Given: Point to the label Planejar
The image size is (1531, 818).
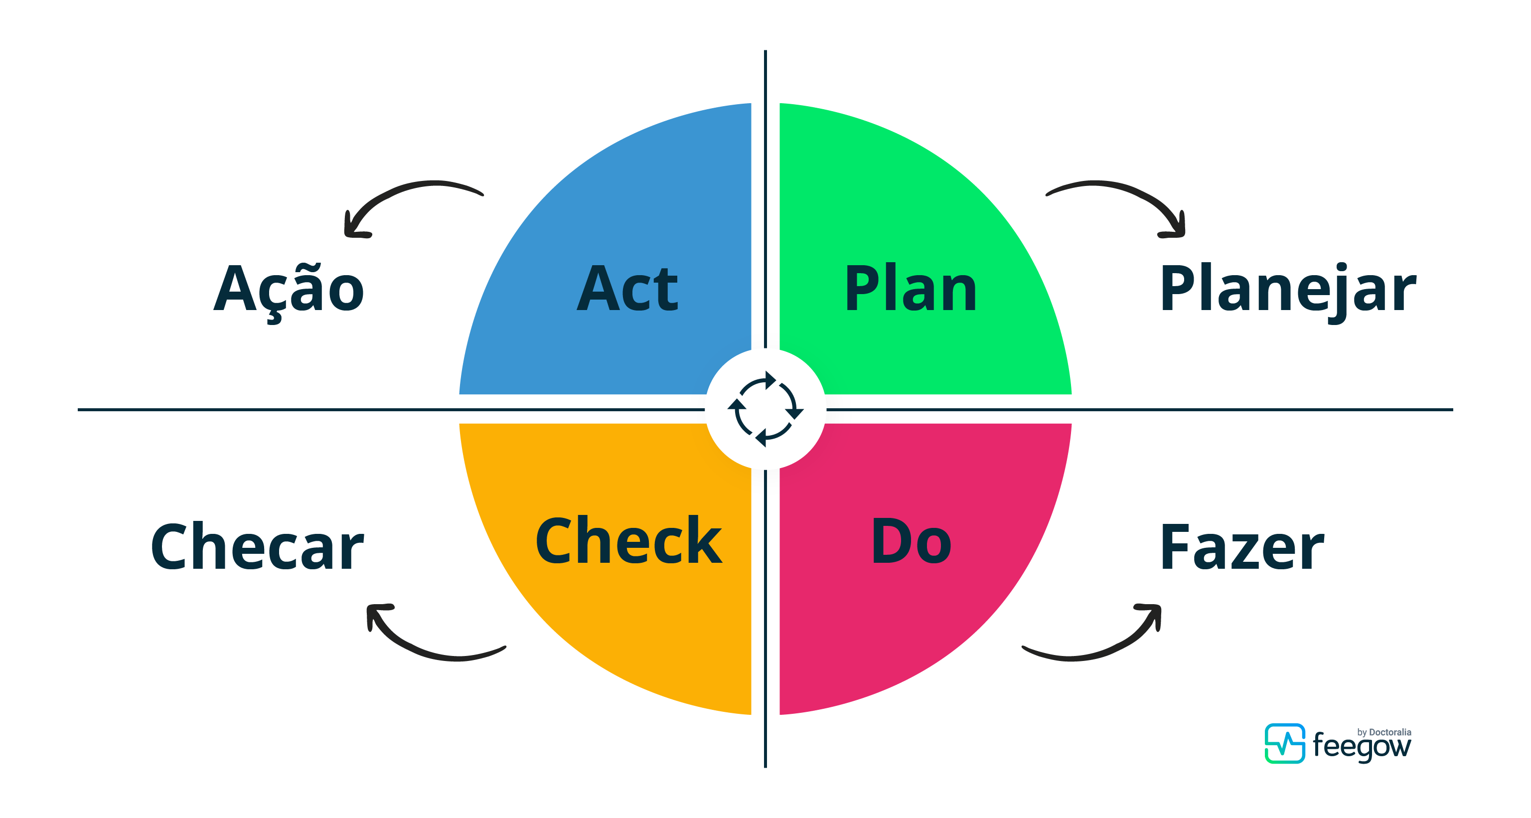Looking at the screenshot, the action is [x=1288, y=291].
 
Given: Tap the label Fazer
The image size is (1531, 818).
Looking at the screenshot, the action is [x=1241, y=547].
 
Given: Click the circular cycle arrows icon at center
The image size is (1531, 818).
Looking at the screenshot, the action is [x=765, y=409].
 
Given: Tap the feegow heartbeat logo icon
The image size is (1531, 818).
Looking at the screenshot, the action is [x=1284, y=743].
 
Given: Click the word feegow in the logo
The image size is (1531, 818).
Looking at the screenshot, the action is [x=1361, y=747].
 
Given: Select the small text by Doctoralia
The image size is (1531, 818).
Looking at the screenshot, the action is [x=1384, y=732].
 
